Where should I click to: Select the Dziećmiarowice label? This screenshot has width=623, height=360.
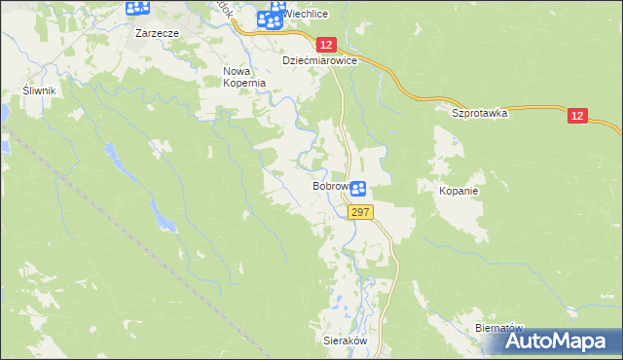320,60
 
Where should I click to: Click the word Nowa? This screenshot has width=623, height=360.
238,71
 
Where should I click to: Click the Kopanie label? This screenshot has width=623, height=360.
458,191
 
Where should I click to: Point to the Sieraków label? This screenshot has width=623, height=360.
343,342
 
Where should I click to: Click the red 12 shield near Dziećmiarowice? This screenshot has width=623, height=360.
326,45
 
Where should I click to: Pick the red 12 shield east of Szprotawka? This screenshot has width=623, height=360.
578,116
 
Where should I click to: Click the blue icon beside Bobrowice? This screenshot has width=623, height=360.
358,189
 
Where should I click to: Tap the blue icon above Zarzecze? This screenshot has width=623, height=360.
138,9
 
